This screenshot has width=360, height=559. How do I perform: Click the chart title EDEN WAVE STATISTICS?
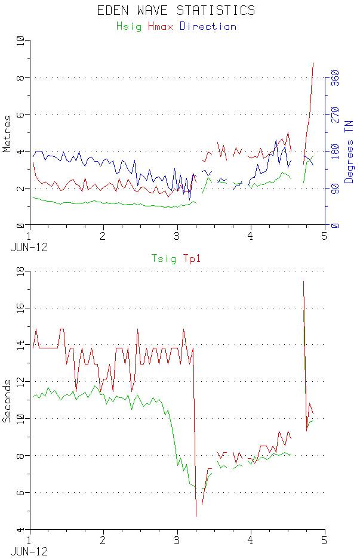tap(176, 10)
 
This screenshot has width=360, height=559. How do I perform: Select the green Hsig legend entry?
tap(129, 26)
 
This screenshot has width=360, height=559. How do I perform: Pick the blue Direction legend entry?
tap(208, 26)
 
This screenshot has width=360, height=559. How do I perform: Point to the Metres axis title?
tap(7, 133)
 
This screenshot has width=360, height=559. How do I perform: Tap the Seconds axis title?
tap(7, 400)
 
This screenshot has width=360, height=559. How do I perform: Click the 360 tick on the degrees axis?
tap(335, 78)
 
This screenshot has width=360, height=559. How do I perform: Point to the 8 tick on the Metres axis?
tap(21, 78)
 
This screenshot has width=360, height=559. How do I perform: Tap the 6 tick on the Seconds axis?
tap(21, 493)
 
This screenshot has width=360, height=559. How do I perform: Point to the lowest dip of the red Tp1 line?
tap(196, 516)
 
